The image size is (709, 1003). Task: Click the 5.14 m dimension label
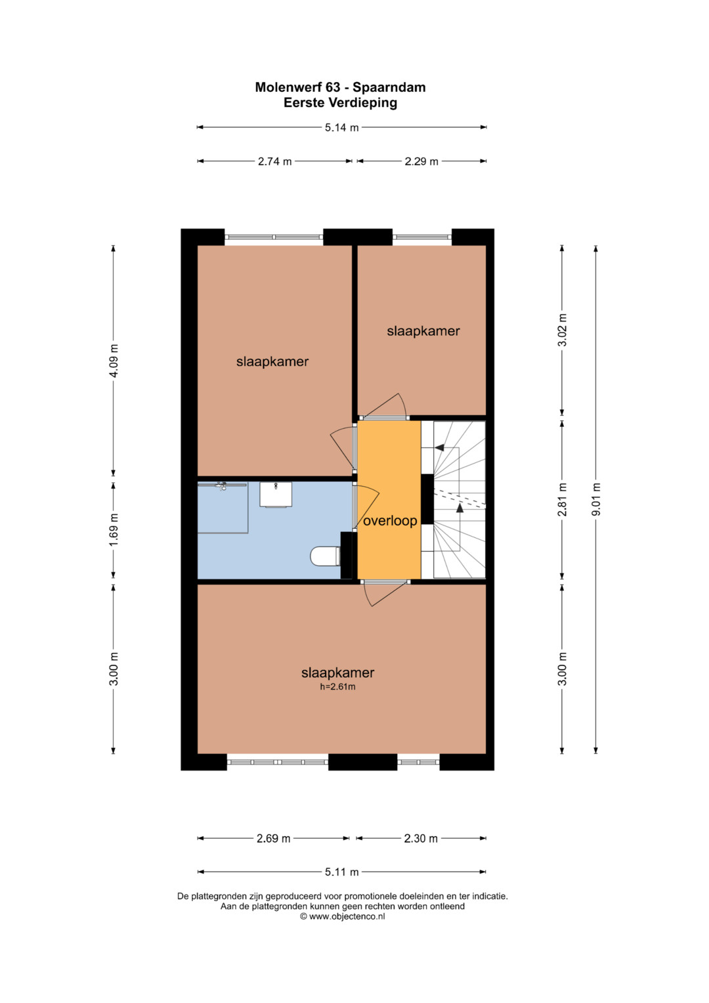tap(341, 127)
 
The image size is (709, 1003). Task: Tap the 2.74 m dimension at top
tap(274, 161)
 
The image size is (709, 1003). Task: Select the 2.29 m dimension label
tap(421, 161)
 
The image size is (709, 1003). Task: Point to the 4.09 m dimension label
tap(114, 361)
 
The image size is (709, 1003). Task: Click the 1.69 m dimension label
tap(114, 529)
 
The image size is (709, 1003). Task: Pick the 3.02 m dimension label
tap(563, 330)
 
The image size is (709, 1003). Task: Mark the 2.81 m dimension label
tap(563, 499)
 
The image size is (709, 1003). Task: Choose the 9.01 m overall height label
tap(596, 499)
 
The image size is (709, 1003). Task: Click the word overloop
tap(390, 521)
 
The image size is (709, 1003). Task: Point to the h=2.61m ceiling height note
tap(337, 687)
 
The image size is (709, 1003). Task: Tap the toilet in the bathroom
tap(326, 556)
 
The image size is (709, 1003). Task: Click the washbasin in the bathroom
tap(276, 495)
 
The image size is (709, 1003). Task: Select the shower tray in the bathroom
tap(223, 508)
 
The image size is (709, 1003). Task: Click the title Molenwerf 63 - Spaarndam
tap(340, 87)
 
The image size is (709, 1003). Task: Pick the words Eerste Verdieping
tap(340, 103)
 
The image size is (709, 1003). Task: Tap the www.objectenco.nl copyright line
tap(343, 916)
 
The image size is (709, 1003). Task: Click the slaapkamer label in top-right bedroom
tap(423, 331)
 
